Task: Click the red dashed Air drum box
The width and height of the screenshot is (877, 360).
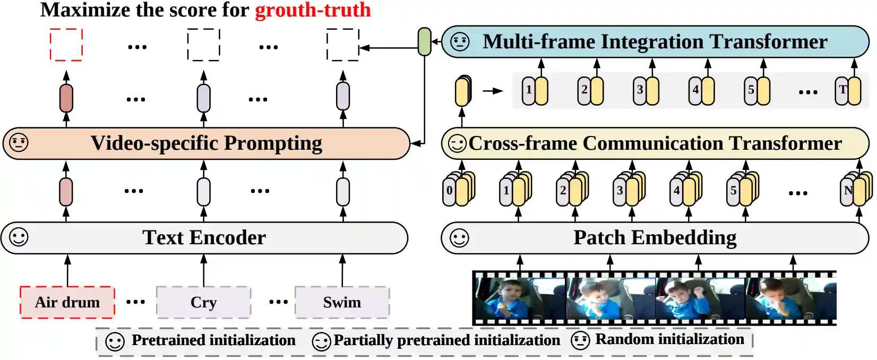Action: pos(67,302)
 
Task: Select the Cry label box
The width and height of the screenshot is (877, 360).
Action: pos(203,302)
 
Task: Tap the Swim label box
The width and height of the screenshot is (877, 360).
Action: pos(342,302)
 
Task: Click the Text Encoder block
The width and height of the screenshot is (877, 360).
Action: pos(204,238)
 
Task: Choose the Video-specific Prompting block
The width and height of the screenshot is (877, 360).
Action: pos(206,143)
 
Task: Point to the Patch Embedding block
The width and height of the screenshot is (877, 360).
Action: pos(655,238)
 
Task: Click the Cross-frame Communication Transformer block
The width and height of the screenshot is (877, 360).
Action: pos(655,143)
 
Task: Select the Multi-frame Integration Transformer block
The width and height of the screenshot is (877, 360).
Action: pos(655,41)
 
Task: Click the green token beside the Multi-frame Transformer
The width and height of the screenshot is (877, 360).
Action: pos(424,41)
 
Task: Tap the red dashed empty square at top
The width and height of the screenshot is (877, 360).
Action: pos(66,45)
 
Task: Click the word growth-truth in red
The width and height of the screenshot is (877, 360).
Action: pos(313,10)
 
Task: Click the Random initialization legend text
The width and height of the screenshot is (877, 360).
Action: pos(669,339)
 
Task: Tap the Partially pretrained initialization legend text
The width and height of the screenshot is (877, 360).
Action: pos(446,340)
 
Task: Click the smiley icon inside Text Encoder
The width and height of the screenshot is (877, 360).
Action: pos(19,237)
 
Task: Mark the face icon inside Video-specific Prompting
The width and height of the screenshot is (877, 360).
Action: pos(19,143)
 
